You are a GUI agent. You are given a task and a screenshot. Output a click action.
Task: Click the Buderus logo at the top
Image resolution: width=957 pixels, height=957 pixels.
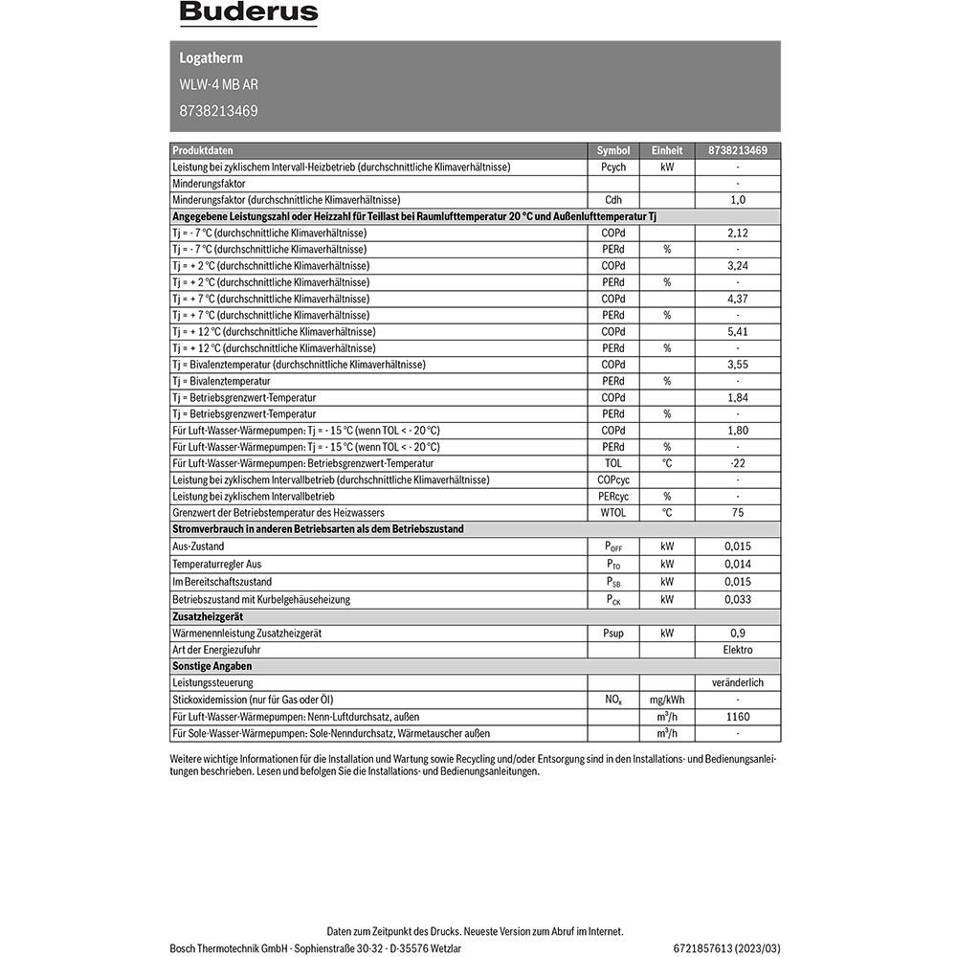pyautogui.click(x=249, y=14)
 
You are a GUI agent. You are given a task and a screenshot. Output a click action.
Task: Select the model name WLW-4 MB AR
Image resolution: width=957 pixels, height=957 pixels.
pyautogui.click(x=218, y=84)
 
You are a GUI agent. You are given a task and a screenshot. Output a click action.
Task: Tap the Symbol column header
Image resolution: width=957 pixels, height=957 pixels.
pyautogui.click(x=613, y=150)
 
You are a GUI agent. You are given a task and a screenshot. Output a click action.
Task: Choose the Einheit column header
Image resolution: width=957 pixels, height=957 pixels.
pyautogui.click(x=667, y=150)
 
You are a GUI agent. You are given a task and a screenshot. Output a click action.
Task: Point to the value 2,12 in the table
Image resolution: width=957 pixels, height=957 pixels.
pyautogui.click(x=738, y=233)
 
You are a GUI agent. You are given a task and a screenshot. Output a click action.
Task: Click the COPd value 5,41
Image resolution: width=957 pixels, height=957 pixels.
pyautogui.click(x=738, y=331)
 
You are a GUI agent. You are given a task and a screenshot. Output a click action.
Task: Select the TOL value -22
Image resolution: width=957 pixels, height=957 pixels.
pyautogui.click(x=738, y=463)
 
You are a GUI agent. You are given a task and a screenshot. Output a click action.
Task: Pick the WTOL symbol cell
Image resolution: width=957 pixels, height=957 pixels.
pyautogui.click(x=613, y=513)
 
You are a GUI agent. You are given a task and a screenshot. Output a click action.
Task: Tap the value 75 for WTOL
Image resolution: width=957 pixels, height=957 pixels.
pyautogui.click(x=738, y=513)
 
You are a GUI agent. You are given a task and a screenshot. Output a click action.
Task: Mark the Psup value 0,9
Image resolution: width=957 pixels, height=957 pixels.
pyautogui.click(x=738, y=634)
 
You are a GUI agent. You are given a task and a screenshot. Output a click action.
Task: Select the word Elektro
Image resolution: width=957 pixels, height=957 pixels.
pyautogui.click(x=738, y=650)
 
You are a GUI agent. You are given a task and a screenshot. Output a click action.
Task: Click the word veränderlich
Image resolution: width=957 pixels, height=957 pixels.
pyautogui.click(x=738, y=683)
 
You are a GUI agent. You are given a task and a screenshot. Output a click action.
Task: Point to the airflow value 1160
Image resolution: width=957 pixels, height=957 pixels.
pyautogui.click(x=738, y=717)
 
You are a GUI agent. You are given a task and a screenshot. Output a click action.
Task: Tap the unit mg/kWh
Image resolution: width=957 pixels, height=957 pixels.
pyautogui.click(x=667, y=701)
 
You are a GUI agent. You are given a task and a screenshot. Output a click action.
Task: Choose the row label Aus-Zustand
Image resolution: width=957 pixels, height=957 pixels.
pyautogui.click(x=198, y=546)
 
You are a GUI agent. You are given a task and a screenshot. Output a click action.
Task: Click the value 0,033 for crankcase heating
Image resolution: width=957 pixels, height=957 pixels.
pyautogui.click(x=738, y=600)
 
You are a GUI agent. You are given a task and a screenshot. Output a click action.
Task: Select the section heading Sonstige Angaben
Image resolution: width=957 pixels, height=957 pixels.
pyautogui.click(x=205, y=666)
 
